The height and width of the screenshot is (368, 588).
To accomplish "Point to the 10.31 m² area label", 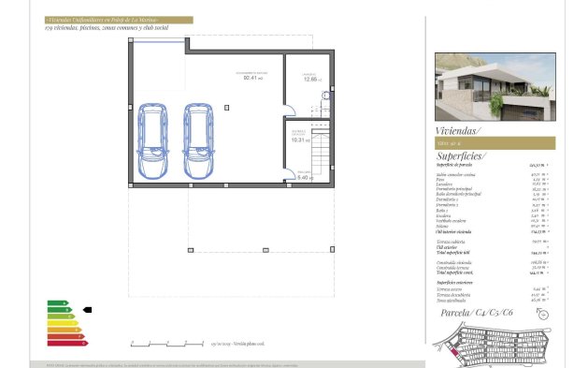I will [298, 138].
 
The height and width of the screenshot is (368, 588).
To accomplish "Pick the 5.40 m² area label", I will [302, 177].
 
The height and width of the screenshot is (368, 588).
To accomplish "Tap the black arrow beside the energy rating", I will [87, 308].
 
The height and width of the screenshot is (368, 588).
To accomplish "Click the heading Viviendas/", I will [457, 131].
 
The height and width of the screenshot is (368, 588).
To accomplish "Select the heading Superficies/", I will [461, 156].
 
